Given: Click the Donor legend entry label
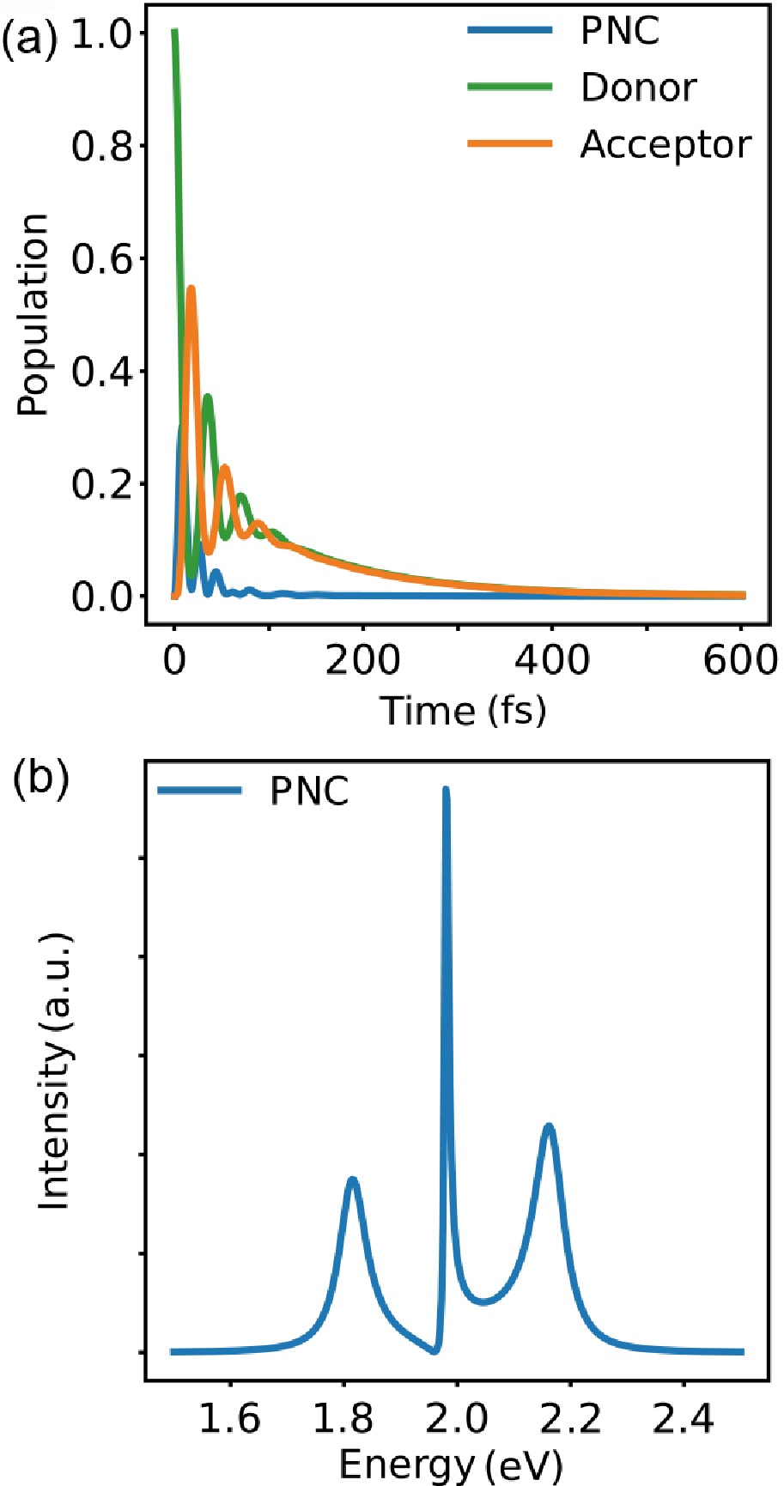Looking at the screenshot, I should tap(638, 88).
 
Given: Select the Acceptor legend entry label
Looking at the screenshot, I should tap(665, 144).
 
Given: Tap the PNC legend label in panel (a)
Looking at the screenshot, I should tap(620, 32).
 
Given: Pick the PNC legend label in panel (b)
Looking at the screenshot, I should tap(309, 792).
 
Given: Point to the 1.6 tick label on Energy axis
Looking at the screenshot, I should tap(229, 1419).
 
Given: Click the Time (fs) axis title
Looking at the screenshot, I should tap(463, 710).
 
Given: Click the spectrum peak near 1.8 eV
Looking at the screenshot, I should tap(352, 1180).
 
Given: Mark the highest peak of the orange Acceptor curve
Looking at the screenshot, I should tap(191, 288).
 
